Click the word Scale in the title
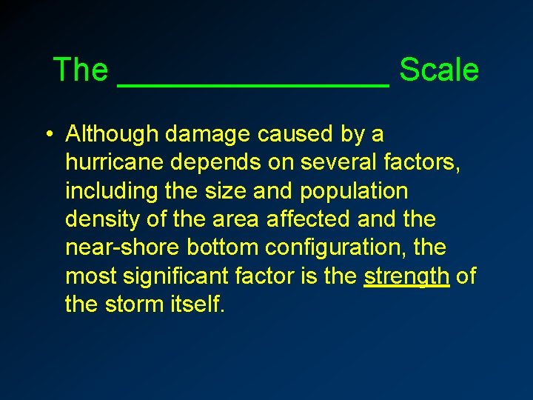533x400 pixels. click(438, 70)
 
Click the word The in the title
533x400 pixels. click(81, 70)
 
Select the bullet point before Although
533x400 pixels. click(47, 135)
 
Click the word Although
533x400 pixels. click(112, 134)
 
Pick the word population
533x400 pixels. click(354, 191)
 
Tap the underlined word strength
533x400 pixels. click(406, 276)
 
